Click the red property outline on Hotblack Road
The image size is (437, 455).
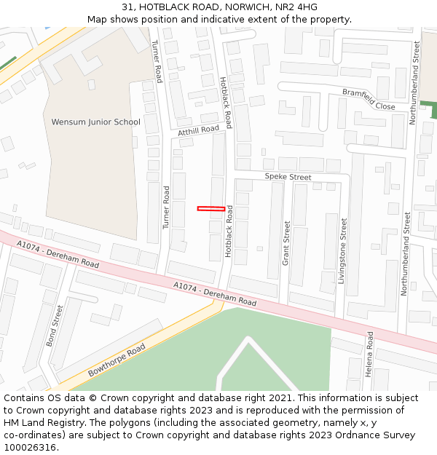click(x=210, y=209)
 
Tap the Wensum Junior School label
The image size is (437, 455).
click(x=95, y=122)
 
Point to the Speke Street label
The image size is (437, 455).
click(x=288, y=177)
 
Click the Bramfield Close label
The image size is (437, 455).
click(x=369, y=100)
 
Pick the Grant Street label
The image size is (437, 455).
click(x=286, y=242)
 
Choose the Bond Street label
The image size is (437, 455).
click(x=55, y=325)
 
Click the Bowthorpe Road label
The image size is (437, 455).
click(x=117, y=360)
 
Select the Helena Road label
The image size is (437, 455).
click(x=369, y=354)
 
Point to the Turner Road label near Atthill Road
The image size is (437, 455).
click(x=166, y=207)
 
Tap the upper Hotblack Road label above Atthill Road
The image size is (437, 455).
click(x=226, y=102)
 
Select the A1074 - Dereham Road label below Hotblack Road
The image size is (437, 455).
click(x=215, y=293)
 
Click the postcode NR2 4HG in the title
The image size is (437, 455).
click(x=298, y=7)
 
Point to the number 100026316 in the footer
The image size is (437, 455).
click(x=29, y=447)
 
